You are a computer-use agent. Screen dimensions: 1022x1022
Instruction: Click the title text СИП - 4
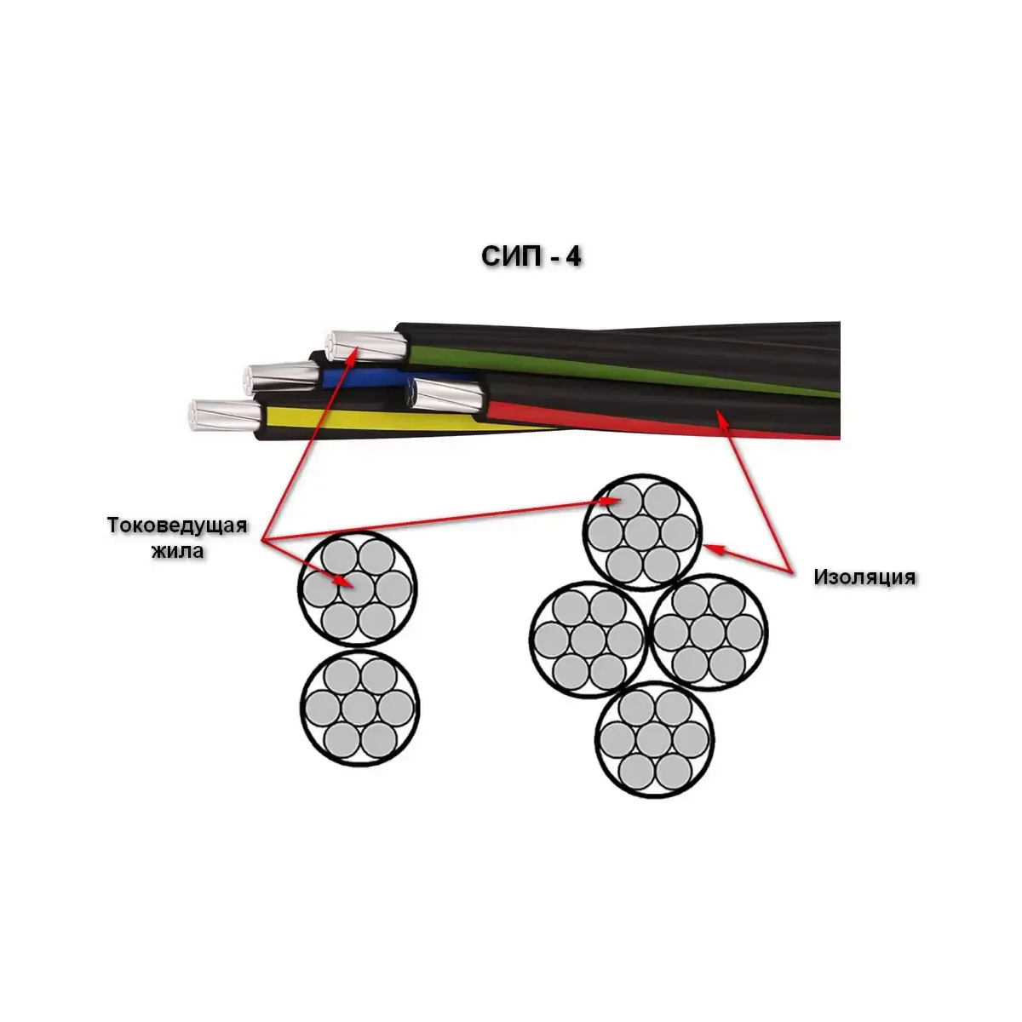531,256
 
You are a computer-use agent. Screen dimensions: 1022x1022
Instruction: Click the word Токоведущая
177,525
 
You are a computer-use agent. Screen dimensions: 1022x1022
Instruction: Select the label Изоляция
864,577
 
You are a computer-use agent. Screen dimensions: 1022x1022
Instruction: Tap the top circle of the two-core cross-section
358,589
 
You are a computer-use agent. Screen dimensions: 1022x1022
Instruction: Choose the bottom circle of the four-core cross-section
654,738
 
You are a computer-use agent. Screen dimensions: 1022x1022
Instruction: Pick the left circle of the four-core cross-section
588,637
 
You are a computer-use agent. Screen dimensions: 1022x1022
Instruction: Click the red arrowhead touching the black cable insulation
722,415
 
